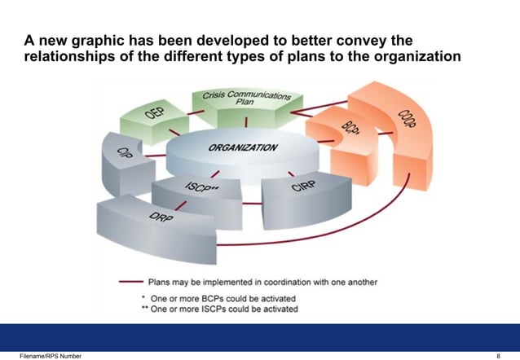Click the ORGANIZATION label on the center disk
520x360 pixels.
click(243, 149)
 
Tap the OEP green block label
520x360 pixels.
click(155, 111)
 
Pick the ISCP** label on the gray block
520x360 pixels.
click(201, 189)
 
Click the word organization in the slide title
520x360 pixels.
click(416, 55)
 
